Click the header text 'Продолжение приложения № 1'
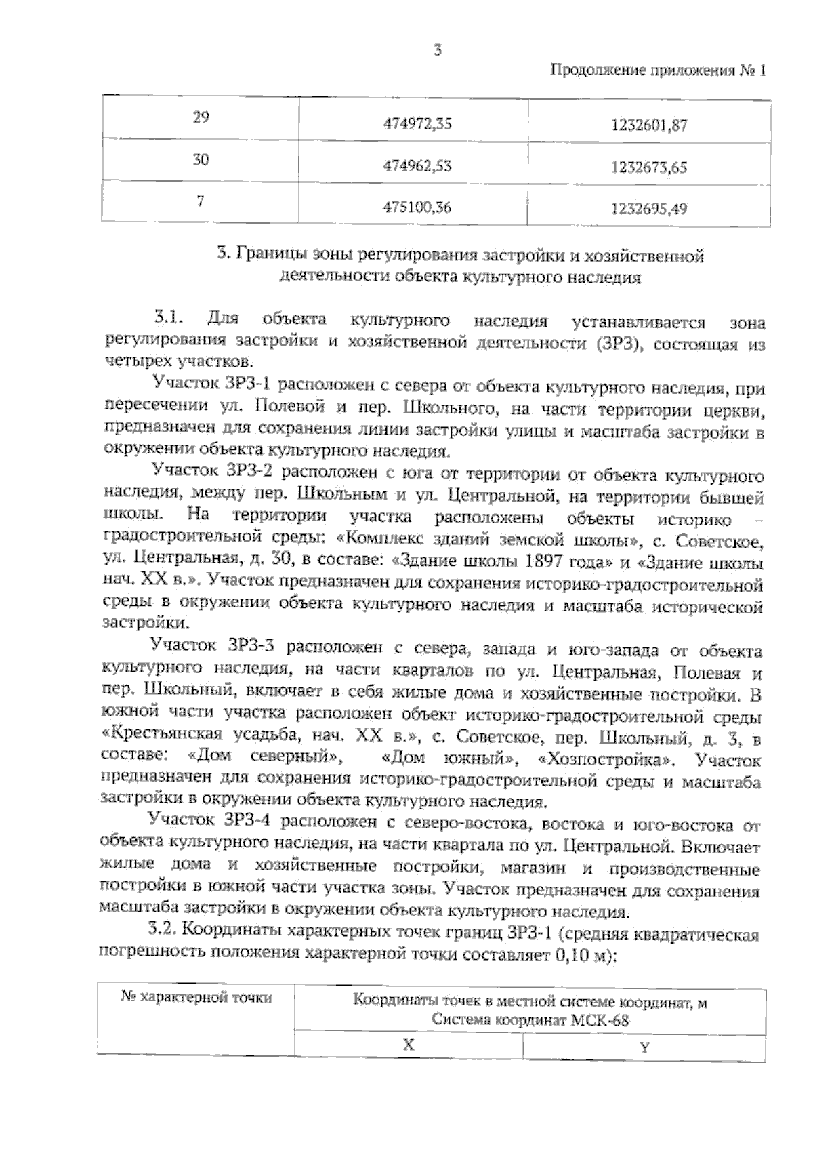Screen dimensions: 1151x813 657,70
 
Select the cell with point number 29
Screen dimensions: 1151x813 201,117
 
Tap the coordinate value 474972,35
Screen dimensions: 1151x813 417,124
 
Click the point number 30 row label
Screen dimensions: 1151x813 201,160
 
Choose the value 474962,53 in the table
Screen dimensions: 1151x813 417,166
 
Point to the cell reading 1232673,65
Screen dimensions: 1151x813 649,167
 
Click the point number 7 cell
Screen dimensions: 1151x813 201,201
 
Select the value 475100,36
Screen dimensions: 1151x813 417,208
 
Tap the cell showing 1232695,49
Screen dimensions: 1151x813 649,209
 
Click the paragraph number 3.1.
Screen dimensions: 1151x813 168,317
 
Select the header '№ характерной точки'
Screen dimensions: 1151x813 196,998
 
